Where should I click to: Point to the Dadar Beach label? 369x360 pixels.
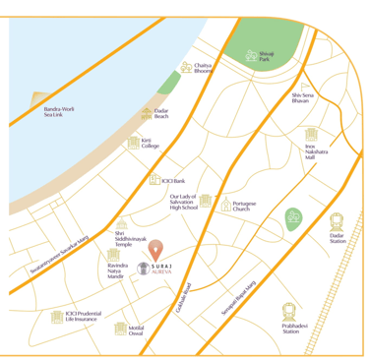161,114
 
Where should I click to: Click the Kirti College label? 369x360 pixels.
150,144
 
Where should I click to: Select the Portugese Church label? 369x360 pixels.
250,207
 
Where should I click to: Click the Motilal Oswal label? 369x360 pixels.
137,331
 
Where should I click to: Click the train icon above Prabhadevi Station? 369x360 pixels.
289,310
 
